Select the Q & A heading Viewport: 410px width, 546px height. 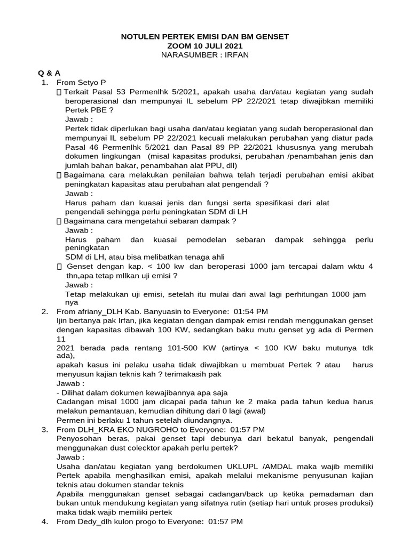tap(45, 73)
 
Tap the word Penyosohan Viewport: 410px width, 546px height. tap(79, 439)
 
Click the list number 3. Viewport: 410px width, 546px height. tap(45, 429)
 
